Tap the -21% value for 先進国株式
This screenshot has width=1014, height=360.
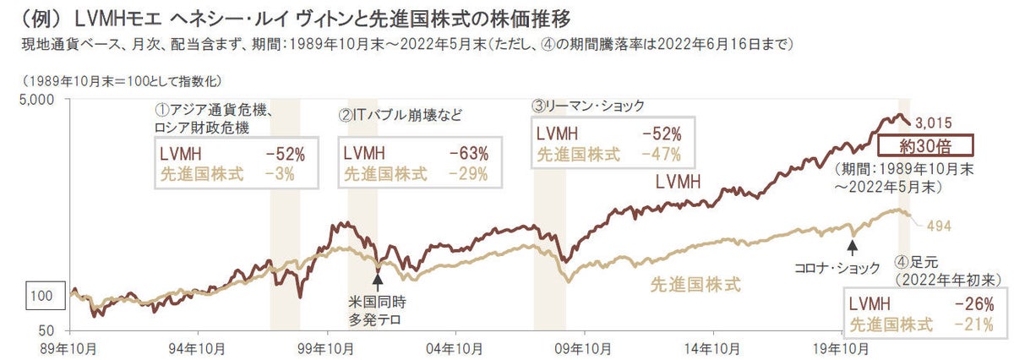click(x=972, y=325)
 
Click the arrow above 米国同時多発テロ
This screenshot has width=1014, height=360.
click(x=378, y=277)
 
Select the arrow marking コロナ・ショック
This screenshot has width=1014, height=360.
click(x=853, y=246)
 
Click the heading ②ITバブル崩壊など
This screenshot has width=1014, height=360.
click(x=401, y=115)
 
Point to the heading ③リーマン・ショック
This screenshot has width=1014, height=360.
click(x=587, y=106)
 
